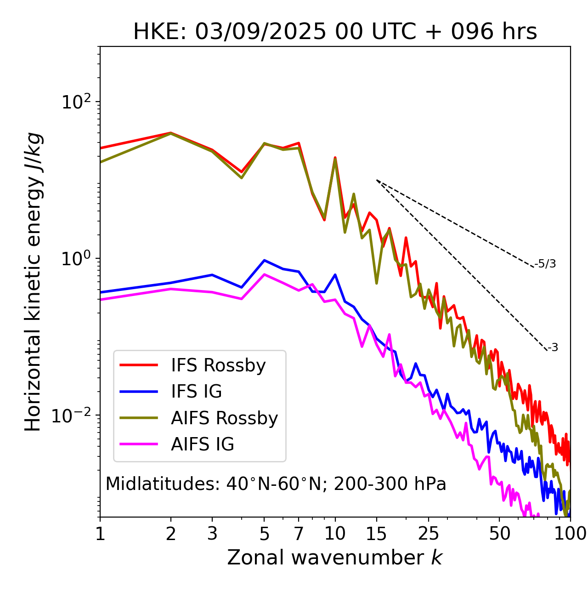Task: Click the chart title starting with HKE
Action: (x=335, y=32)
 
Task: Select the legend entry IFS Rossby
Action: (x=218, y=365)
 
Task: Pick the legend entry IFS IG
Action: (x=196, y=392)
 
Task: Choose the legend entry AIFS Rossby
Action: (x=224, y=418)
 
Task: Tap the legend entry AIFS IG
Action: (x=203, y=444)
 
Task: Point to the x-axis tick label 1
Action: (x=100, y=534)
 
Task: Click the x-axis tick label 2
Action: (x=171, y=534)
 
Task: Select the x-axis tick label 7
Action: (x=299, y=534)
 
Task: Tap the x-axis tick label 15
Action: (x=376, y=534)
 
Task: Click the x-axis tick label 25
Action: (x=429, y=534)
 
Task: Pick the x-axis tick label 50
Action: (x=499, y=534)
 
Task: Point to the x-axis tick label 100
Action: (x=570, y=534)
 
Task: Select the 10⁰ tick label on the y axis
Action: (x=75, y=258)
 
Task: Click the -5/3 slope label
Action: (x=545, y=264)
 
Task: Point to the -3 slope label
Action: (x=553, y=347)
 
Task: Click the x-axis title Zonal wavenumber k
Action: (x=335, y=558)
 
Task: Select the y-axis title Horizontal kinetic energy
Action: (x=33, y=282)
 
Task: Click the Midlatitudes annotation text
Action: (x=276, y=484)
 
